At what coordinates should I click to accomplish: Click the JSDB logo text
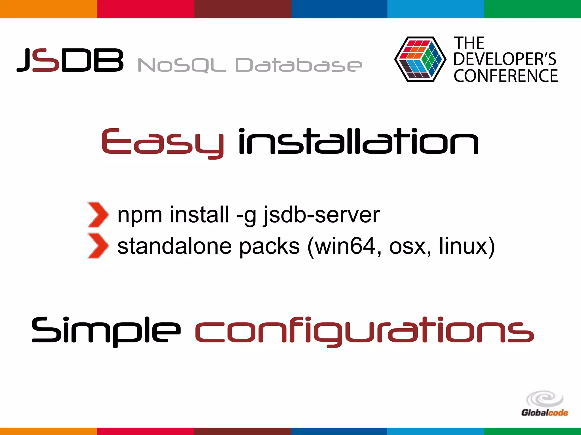tap(70, 60)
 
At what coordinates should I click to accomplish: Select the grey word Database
tap(299, 65)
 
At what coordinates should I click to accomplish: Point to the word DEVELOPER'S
tap(505, 59)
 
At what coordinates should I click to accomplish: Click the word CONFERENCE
tap(506, 76)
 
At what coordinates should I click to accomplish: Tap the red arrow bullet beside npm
tap(98, 215)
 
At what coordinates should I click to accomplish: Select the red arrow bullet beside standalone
tap(98, 246)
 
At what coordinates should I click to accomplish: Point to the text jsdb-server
tap(321, 215)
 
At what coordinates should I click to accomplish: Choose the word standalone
tap(174, 246)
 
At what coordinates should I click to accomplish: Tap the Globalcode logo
tap(544, 404)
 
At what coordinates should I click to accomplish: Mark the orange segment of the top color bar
tap(49, 9)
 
